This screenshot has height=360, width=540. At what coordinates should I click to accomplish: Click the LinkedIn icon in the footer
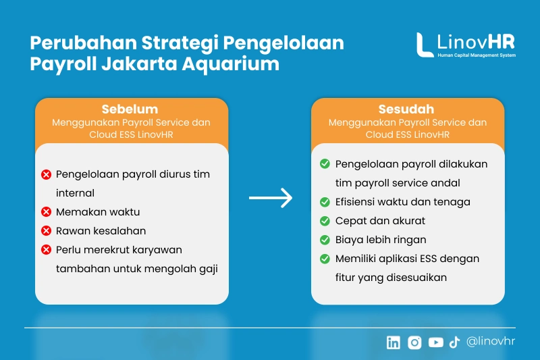point(394,342)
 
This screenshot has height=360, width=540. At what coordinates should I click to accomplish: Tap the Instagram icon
point(414,342)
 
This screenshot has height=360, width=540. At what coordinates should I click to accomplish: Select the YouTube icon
point(435,342)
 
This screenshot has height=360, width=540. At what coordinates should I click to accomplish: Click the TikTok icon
point(454,342)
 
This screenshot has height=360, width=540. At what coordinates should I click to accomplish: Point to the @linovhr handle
point(491,341)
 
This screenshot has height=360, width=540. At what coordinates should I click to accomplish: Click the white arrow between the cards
point(271,198)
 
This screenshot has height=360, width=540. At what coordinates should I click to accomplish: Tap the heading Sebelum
point(130,109)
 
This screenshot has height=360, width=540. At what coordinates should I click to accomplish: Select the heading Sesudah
point(406,109)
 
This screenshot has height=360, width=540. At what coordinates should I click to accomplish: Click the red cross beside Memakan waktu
point(46,212)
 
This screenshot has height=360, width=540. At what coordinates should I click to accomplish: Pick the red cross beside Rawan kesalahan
point(46,231)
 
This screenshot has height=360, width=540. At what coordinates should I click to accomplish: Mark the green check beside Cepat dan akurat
point(325,221)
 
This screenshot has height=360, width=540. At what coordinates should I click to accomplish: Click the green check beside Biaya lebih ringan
point(325,240)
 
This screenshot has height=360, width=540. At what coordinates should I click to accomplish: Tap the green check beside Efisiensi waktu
point(325,202)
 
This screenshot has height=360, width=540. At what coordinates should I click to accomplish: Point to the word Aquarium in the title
point(231,64)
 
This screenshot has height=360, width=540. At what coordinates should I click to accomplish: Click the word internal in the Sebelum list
point(75,193)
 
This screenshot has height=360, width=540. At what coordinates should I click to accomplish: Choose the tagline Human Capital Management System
point(477,55)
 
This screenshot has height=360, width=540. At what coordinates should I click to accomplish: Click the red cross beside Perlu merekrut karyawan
point(46,250)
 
